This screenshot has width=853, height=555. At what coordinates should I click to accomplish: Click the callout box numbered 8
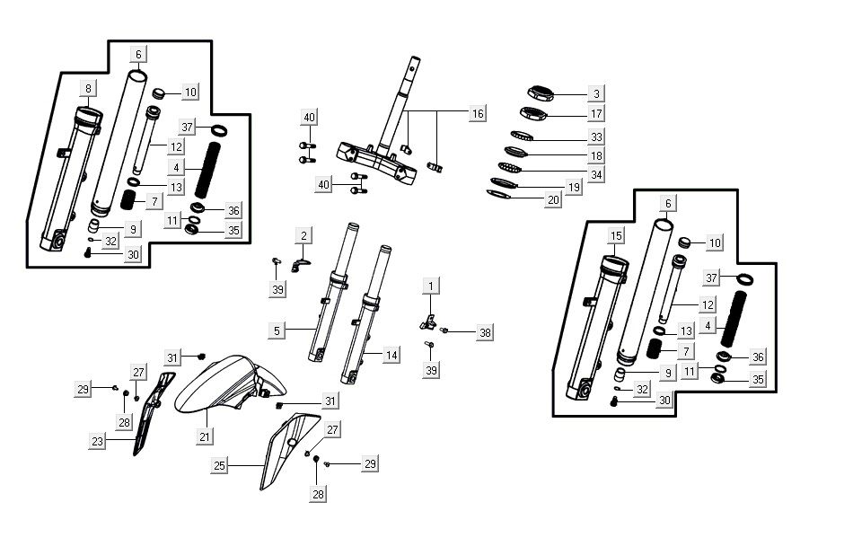[88, 88]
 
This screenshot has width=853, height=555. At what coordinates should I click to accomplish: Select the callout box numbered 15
[615, 236]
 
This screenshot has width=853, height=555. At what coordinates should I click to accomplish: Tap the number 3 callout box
[595, 93]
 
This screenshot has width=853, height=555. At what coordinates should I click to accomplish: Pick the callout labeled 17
[595, 114]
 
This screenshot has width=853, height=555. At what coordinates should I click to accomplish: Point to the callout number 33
[595, 137]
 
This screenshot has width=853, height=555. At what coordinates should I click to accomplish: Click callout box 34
[595, 173]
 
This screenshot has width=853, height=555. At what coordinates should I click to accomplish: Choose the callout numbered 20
[578, 200]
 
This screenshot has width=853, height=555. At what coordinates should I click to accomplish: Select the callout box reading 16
[478, 114]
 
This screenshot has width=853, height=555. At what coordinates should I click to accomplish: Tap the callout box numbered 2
[304, 236]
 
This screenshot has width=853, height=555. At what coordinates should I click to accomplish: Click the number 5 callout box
[277, 330]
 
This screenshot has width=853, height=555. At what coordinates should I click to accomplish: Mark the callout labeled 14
[391, 356]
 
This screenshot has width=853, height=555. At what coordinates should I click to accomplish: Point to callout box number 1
[431, 286]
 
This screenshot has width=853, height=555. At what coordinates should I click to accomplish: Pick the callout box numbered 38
[485, 332]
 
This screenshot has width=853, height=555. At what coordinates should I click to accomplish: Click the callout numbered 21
[206, 436]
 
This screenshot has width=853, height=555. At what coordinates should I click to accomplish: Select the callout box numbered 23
[97, 441]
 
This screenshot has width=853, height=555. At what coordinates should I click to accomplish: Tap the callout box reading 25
[221, 465]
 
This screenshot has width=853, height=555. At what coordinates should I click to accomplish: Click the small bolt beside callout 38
[444, 330]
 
